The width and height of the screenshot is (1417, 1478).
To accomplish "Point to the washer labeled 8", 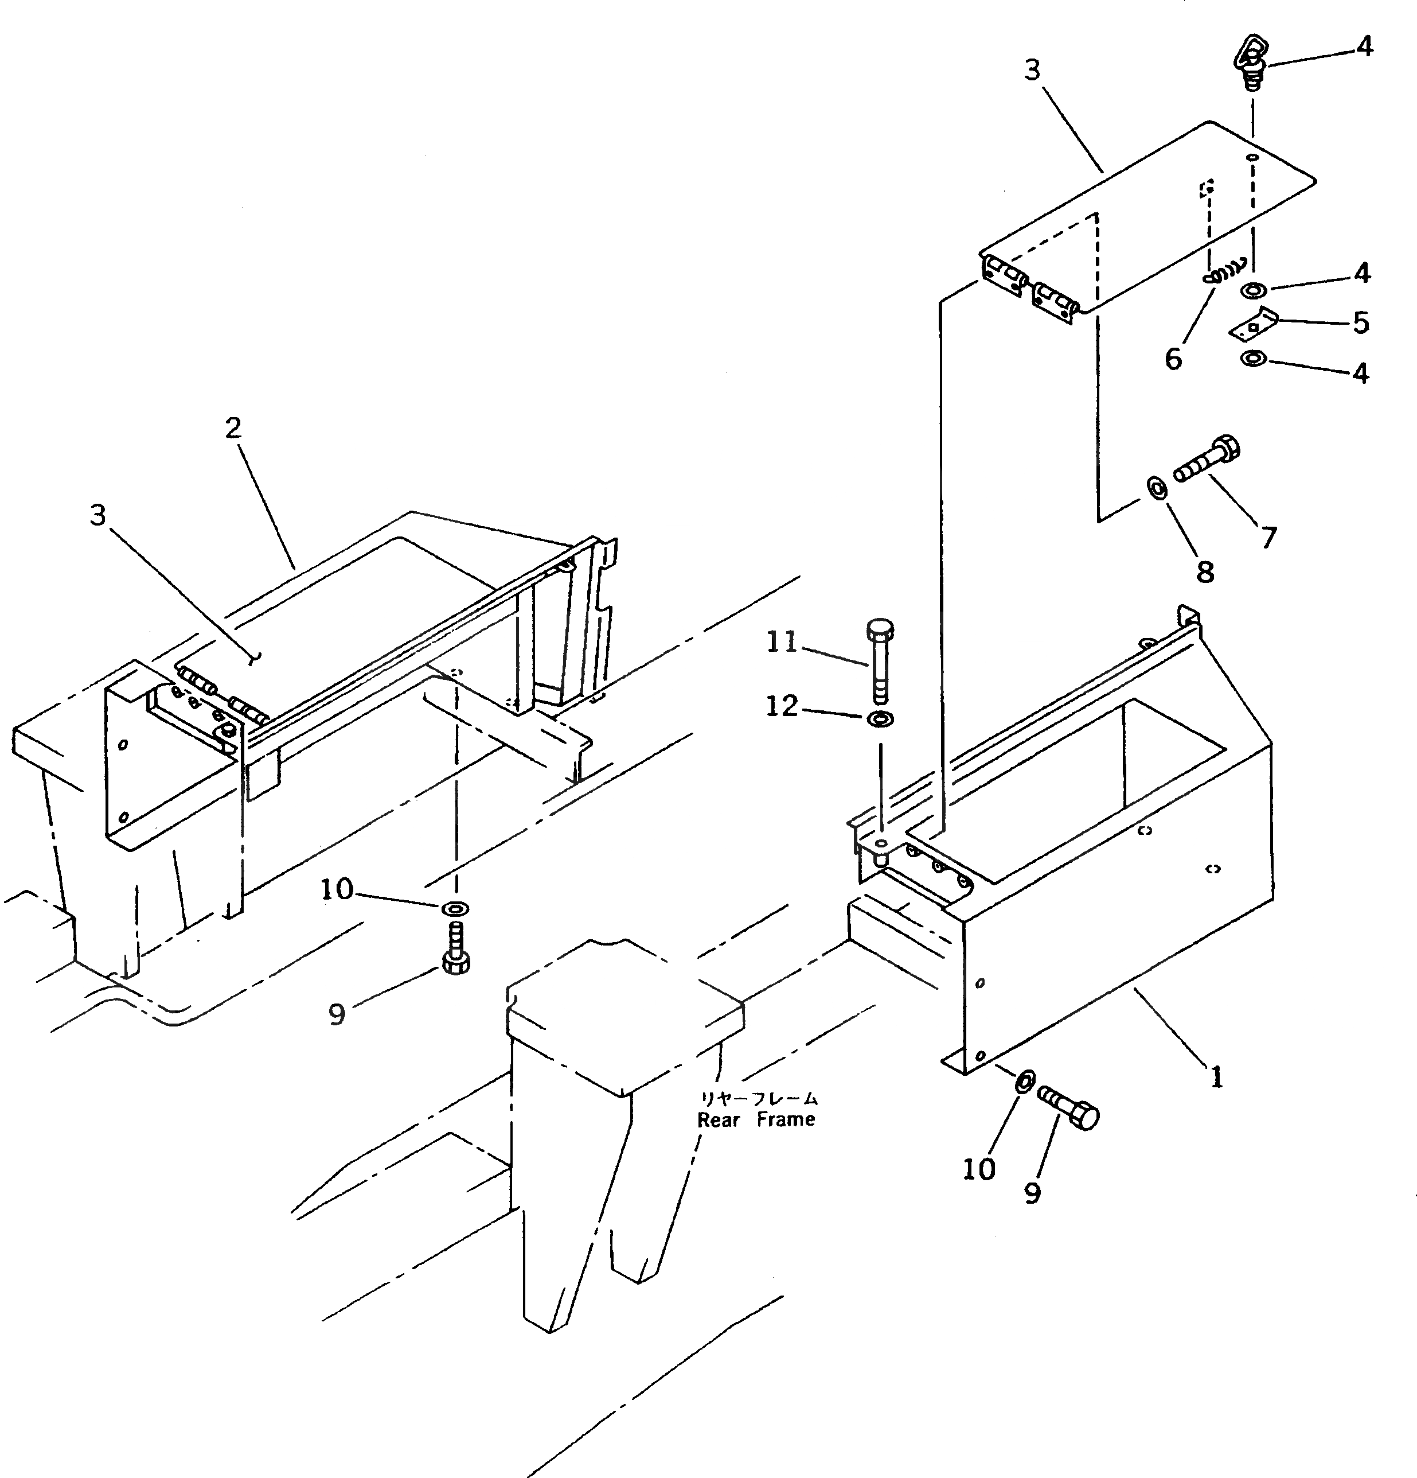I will [x=1158, y=488].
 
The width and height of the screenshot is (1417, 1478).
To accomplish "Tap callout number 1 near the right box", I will [x=1216, y=1078].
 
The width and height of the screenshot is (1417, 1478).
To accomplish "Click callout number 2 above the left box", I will [x=233, y=427].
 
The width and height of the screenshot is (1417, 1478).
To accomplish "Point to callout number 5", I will [x=1360, y=323].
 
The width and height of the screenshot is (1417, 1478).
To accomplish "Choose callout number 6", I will [x=1173, y=359].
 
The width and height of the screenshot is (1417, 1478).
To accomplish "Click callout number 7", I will [x=1269, y=538].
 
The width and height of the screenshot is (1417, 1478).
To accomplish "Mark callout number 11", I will [x=782, y=643].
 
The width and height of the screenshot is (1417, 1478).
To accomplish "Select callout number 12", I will [x=782, y=706].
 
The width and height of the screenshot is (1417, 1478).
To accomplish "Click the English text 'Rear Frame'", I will [x=756, y=1120].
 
